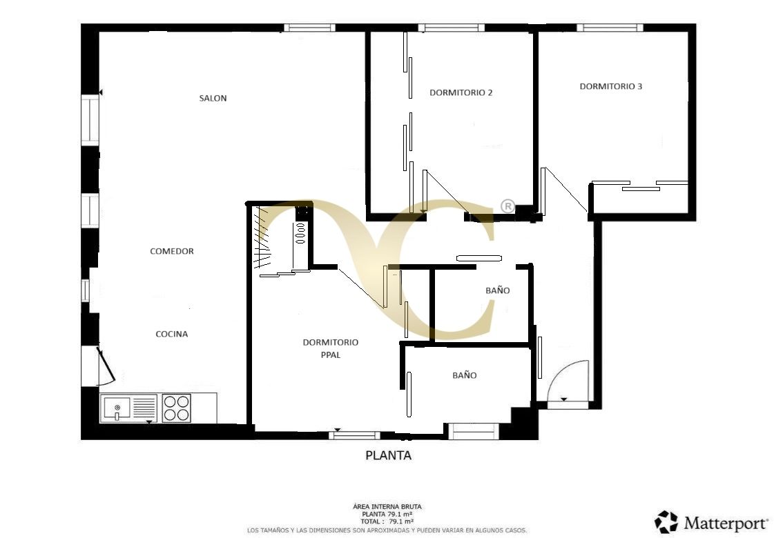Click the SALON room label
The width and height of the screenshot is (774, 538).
[x=213, y=98]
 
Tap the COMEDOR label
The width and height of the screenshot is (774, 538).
[x=172, y=251]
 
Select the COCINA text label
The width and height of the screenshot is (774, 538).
[x=171, y=334]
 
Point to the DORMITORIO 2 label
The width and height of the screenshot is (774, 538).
[x=461, y=92]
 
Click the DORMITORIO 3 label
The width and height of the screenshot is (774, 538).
[x=610, y=86]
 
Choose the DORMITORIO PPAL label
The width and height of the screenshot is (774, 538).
[x=330, y=348]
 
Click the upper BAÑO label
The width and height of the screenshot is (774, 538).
[x=497, y=290]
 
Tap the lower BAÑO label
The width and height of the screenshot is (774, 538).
[x=464, y=375]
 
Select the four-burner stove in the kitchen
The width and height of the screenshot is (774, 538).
[x=176, y=408]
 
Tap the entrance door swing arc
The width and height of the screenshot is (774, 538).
[x=569, y=379]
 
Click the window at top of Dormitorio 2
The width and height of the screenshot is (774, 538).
[x=451, y=28]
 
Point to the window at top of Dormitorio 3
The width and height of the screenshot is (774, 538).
[x=610, y=28]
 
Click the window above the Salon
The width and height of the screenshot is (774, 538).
[x=309, y=28]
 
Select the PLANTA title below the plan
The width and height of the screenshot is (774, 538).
[x=387, y=455]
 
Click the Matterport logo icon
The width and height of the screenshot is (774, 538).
[x=666, y=522]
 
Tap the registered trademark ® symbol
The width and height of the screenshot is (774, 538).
[x=507, y=206]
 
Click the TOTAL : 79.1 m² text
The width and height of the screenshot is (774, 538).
[x=387, y=522]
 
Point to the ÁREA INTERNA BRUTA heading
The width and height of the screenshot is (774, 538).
[x=387, y=507]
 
